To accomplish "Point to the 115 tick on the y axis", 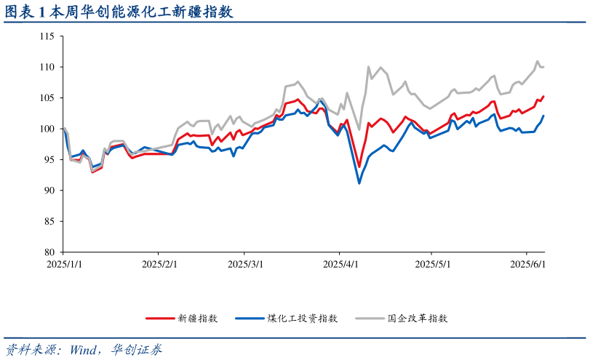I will (x=47, y=36).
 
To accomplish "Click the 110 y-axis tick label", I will (x=47, y=67).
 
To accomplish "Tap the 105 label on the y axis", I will (x=47, y=98).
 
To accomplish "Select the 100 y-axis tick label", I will (x=47, y=129).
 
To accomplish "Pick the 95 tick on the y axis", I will (x=49, y=160).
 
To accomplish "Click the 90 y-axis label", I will (x=49, y=191).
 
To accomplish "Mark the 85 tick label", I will (x=49, y=221).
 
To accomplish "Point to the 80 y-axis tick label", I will (x=49, y=252).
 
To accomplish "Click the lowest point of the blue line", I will (x=359, y=183).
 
